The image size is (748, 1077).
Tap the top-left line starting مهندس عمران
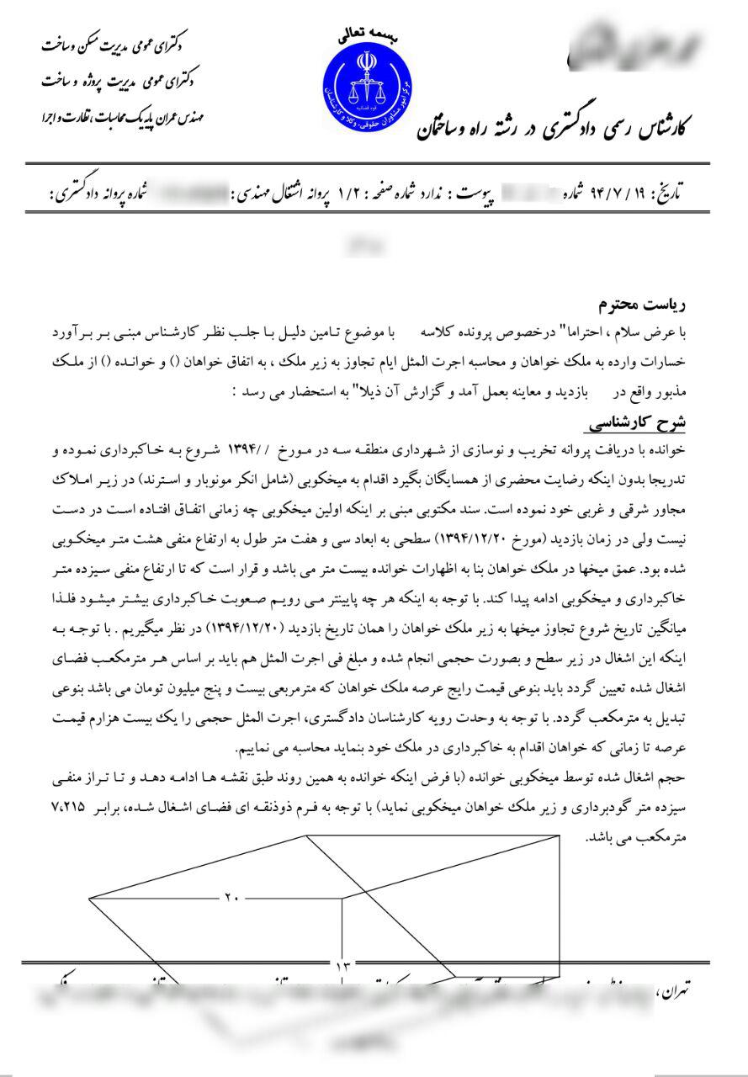[122, 116]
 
